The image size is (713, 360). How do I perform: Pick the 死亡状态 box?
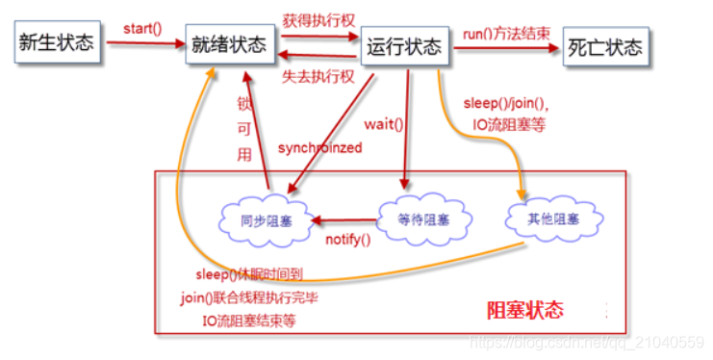604,45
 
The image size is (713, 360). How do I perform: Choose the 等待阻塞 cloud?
422,219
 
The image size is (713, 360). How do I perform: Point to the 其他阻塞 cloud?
553,219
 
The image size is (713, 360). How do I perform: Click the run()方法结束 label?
507,34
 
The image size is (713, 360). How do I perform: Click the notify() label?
347,239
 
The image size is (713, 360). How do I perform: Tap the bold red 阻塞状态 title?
524,310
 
